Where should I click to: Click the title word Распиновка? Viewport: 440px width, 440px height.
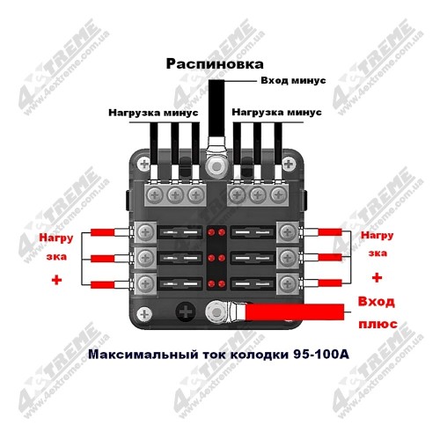(215, 64)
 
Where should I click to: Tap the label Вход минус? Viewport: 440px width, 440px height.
(293, 80)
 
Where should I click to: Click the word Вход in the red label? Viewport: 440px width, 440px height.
(376, 302)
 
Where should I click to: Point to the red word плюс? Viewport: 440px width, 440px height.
(378, 324)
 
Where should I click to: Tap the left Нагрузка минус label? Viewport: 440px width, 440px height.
(153, 113)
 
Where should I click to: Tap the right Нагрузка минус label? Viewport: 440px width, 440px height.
(276, 112)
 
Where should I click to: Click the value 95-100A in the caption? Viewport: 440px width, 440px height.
(321, 355)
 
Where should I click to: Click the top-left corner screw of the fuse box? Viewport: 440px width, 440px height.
(144, 164)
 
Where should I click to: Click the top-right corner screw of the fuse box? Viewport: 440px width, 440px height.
(289, 164)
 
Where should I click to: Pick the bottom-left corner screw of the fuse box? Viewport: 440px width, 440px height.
(144, 314)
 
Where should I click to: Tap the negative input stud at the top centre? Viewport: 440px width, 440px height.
(216, 167)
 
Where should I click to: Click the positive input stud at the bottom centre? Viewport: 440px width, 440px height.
(216, 312)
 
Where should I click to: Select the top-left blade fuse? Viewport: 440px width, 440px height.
(180, 232)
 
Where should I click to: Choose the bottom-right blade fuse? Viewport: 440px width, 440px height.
(253, 283)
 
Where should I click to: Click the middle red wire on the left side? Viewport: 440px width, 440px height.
(103, 259)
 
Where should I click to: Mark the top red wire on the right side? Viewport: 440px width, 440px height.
(330, 232)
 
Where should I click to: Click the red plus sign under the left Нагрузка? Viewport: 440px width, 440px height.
(56, 280)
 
